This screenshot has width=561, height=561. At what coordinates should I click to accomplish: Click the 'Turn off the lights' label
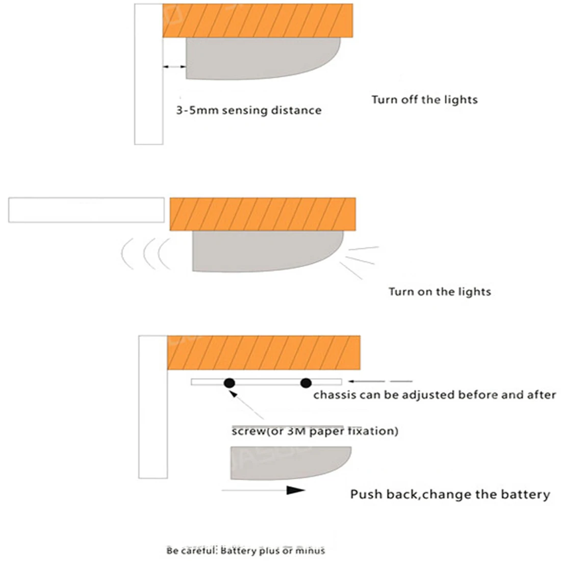pos(425,99)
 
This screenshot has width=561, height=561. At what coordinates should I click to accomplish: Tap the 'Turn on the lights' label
pos(440,292)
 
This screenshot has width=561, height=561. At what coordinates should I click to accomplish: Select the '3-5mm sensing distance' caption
pos(249,110)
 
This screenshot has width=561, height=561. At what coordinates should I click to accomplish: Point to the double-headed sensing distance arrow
pos(174,66)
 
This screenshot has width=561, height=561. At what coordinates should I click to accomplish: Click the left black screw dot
pos(229,383)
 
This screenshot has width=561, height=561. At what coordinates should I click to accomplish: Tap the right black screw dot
pos(306,383)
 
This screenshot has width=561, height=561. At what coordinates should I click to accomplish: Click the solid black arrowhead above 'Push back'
pos(295,490)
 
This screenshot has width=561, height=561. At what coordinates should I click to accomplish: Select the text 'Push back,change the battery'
pos(450,495)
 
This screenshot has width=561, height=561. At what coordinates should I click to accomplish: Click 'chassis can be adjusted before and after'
pos(435,395)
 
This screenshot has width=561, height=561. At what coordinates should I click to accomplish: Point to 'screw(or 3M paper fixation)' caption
pos(315,431)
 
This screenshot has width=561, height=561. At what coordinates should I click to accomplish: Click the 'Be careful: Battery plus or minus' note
pos(246,550)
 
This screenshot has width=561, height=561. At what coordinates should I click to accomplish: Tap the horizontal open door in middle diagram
pos(86,210)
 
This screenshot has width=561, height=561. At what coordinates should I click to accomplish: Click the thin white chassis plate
pos(267,382)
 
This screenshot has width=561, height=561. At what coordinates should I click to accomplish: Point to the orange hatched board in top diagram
pos(258,20)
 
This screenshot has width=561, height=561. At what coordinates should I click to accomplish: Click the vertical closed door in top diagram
pos(148,74)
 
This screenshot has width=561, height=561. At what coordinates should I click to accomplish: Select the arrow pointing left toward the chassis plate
pos(380,381)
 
